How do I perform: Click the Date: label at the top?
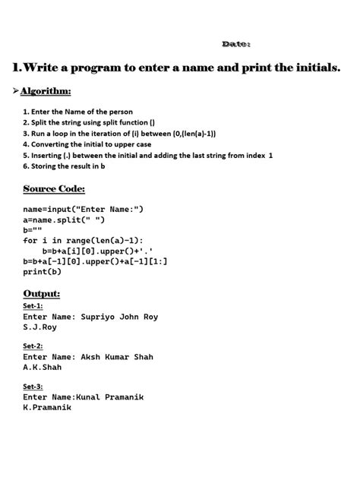pos(235,44)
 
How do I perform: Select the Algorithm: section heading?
pos(46,91)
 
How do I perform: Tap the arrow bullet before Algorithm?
pos(14,91)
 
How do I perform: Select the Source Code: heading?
pos(54,188)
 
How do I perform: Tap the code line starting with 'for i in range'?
pos(99,239)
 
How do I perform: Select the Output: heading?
pos(42,293)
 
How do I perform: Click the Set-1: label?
pos(33,306)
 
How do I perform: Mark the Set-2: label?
pos(33,345)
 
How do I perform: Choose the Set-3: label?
pos(33,385)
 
